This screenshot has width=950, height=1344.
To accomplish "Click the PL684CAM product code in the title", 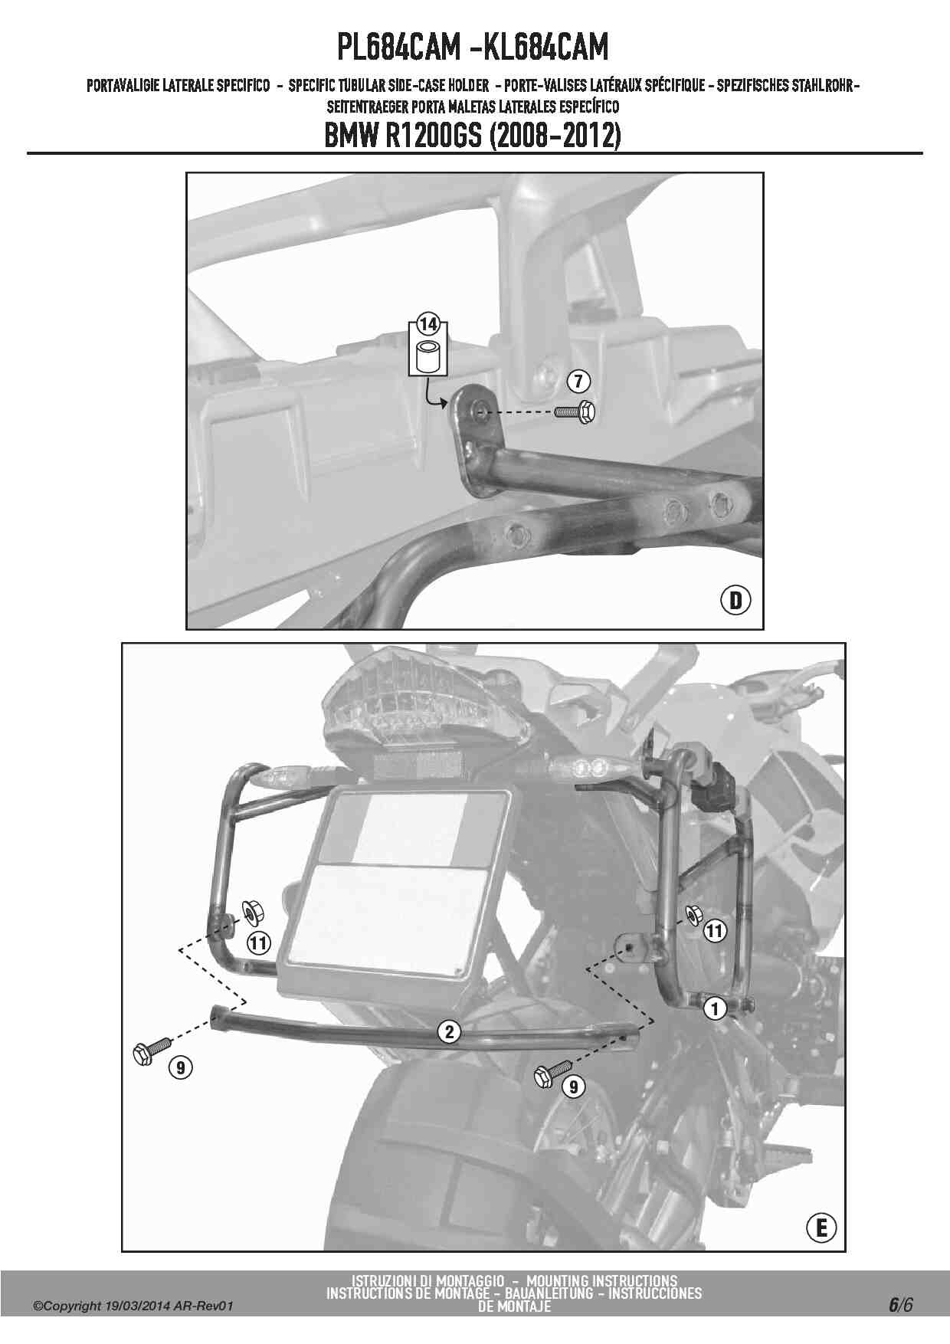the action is click(398, 48).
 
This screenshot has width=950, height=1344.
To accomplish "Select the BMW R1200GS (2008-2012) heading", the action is click(473, 136).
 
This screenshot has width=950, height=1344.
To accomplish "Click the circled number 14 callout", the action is click(428, 324).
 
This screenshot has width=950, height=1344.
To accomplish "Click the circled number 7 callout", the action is click(578, 381).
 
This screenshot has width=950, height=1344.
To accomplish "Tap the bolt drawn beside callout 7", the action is click(575, 412).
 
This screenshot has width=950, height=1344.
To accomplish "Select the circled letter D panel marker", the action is click(735, 600).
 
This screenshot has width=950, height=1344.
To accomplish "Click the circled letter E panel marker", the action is click(821, 1228).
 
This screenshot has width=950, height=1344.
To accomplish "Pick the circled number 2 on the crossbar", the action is click(450, 1032).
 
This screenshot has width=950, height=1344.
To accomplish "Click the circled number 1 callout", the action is click(716, 1008).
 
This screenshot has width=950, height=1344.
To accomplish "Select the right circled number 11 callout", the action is click(714, 931).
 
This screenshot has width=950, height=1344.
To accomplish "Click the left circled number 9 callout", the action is click(179, 1067).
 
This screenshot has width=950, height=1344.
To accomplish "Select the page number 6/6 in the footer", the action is click(900, 1305).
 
